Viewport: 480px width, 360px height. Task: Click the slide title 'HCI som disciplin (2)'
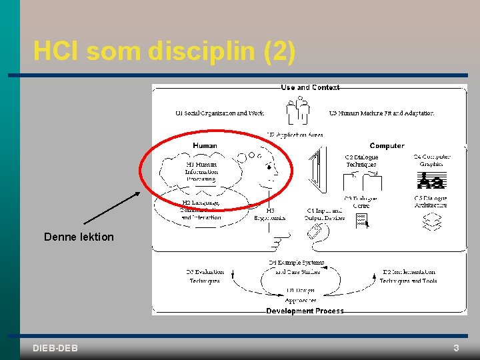(164, 51)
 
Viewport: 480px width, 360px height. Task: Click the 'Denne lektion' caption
(79, 237)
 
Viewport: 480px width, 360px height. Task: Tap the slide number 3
(456, 348)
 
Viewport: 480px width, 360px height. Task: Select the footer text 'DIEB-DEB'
(55, 348)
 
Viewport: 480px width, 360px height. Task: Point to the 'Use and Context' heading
(310, 87)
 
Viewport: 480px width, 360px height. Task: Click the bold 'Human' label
(205, 145)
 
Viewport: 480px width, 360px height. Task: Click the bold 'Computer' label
(387, 145)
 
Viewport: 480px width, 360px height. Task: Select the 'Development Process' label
(305, 311)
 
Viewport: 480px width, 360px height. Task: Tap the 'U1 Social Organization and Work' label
(219, 113)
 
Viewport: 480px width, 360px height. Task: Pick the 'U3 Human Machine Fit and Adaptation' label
(381, 113)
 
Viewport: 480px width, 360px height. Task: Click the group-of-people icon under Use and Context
(297, 110)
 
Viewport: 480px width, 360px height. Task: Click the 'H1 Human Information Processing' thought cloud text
(201, 171)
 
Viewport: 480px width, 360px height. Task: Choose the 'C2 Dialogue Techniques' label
(361, 161)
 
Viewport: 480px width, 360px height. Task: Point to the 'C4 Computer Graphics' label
(431, 161)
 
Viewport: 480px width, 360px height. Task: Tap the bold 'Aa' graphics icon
(431, 181)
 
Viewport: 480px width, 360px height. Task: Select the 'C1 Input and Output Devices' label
(324, 214)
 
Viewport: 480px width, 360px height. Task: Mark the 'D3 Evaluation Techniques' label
(205, 276)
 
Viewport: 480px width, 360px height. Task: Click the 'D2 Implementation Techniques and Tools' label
(409, 276)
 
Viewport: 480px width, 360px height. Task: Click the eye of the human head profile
(268, 165)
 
